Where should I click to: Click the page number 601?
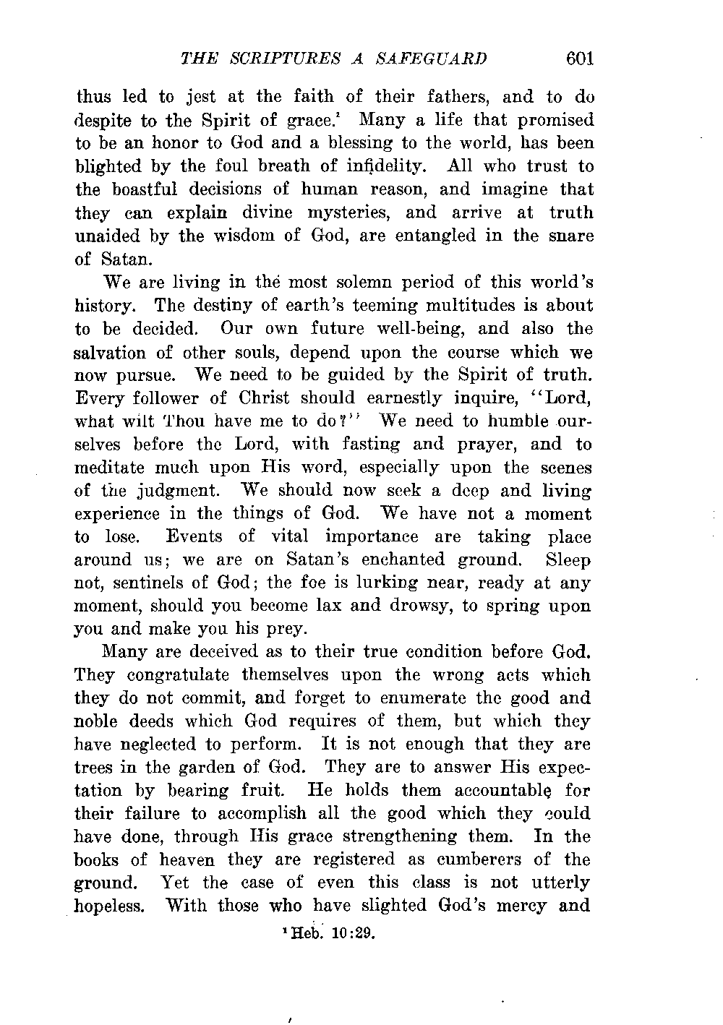(580, 59)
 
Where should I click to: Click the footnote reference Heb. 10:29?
(329, 932)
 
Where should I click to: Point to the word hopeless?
(110, 906)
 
